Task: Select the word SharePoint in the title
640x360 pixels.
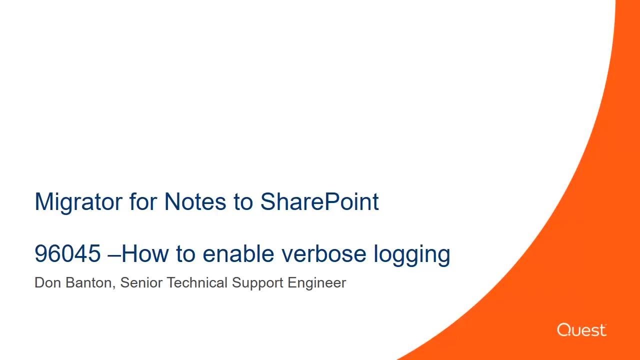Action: click(319, 202)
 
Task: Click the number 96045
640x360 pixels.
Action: click(67, 254)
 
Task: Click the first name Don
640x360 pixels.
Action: click(47, 283)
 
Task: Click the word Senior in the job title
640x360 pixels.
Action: click(141, 283)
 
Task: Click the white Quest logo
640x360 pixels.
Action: click(581, 330)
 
